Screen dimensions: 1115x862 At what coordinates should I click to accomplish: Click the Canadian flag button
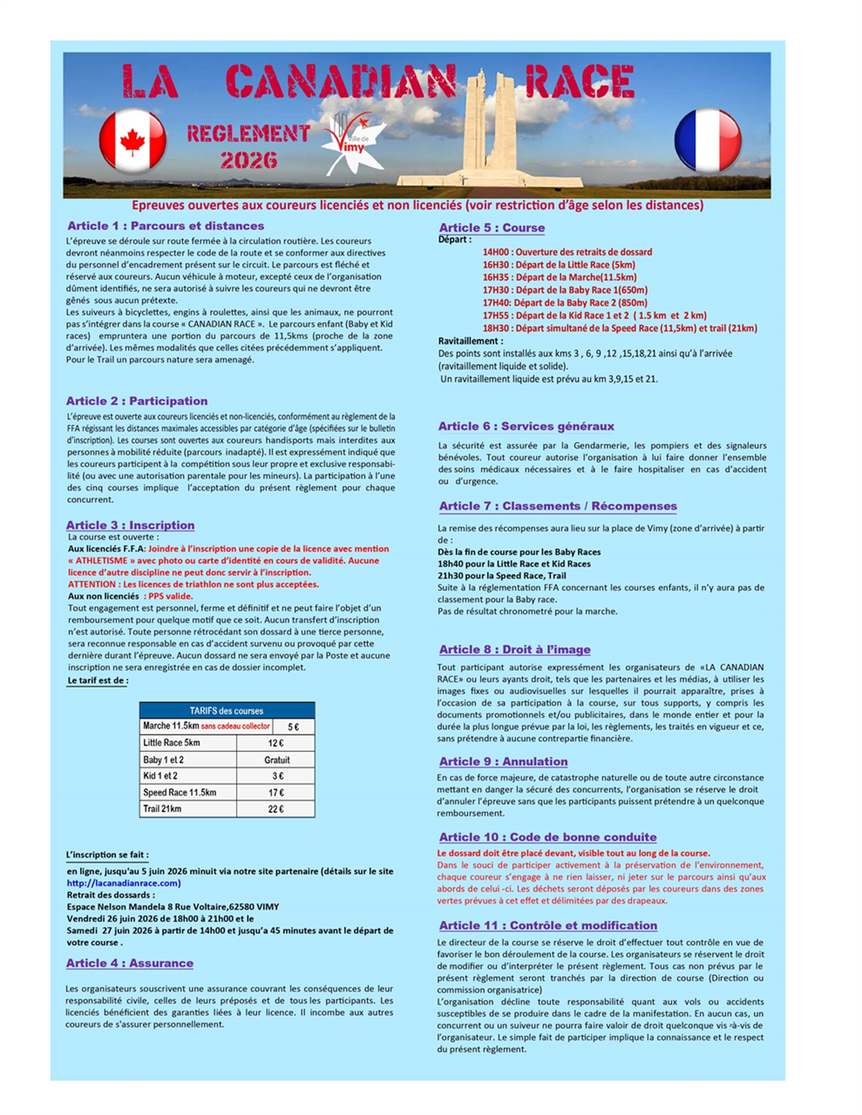point(132,140)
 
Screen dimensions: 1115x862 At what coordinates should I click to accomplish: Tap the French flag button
point(708,140)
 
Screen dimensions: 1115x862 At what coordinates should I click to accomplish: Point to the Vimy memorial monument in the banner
point(491,129)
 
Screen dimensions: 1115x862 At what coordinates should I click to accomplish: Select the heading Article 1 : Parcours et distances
point(166,226)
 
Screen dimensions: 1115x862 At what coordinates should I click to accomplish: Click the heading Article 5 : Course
point(491,228)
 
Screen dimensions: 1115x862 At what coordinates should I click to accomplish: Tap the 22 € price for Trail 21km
point(276,809)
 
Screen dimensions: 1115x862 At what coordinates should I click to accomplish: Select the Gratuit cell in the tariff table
point(276,760)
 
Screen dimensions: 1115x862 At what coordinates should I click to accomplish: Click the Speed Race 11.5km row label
point(179,792)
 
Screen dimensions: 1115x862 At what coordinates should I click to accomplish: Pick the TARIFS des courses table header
point(227,710)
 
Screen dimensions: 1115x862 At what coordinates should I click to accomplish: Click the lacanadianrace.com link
point(124,883)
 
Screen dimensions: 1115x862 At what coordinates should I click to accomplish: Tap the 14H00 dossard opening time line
point(567,252)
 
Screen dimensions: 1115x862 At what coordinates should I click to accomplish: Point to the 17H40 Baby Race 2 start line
point(565,302)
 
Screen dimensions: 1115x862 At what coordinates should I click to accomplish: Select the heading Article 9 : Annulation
point(503,762)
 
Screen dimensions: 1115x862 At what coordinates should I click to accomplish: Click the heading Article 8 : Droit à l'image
point(514,649)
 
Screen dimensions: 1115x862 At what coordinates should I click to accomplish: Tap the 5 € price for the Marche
point(294,726)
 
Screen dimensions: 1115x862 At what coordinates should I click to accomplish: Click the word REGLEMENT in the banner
point(248,133)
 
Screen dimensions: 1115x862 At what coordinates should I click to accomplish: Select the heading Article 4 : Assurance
point(129,963)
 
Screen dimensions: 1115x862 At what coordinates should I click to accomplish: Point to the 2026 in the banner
point(248,161)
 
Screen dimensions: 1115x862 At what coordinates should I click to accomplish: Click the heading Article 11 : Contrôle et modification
point(548,926)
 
